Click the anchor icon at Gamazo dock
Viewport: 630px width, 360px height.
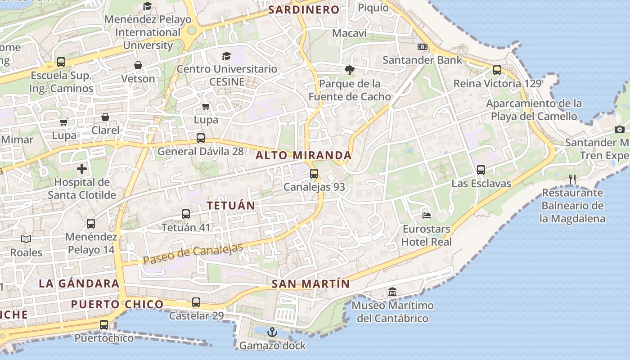point(272,332)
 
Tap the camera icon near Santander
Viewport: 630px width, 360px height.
point(620,130)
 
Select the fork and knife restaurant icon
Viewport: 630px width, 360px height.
point(572,180)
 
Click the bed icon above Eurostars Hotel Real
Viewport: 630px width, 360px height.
point(426,215)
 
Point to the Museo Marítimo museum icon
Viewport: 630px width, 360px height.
point(392,292)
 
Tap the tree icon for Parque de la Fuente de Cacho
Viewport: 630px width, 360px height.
point(349,70)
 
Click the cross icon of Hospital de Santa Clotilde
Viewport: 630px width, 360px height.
point(82,169)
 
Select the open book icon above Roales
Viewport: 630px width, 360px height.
point(26,239)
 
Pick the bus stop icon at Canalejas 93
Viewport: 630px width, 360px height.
point(314,173)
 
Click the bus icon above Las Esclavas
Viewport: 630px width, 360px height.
point(481,170)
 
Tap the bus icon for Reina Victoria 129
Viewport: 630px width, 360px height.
point(497,70)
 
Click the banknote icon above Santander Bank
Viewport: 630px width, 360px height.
point(422,46)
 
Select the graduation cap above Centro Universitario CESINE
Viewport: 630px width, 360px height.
point(226,56)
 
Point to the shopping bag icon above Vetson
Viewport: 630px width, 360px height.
point(138,65)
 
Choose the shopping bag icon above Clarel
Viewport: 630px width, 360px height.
point(105,117)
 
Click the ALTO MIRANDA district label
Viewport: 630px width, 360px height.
point(303,156)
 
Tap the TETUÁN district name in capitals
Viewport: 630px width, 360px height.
point(231,206)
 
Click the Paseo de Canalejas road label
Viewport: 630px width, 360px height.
point(193,254)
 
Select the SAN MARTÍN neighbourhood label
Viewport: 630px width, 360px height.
point(310,284)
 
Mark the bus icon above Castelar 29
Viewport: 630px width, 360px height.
point(196,302)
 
